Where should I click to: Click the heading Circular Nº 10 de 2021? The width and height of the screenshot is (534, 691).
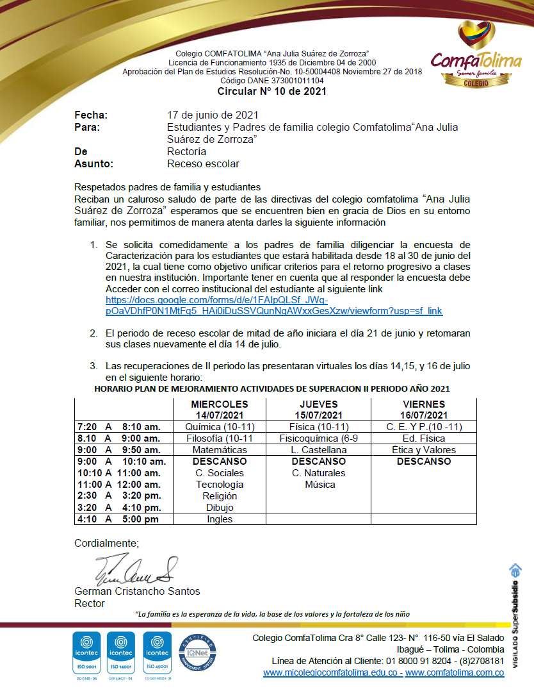click(x=271, y=91)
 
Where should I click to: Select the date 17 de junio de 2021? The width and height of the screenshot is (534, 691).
click(x=213, y=115)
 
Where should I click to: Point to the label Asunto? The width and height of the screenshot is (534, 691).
click(x=93, y=164)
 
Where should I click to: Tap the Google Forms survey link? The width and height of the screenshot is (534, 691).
click(x=274, y=305)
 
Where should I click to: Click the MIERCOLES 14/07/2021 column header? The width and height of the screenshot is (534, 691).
click(x=219, y=410)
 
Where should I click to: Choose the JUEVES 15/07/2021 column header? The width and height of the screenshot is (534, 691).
click(x=318, y=410)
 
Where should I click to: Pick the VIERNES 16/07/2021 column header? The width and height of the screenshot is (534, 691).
click(x=423, y=410)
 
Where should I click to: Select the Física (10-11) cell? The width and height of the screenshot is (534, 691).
click(x=318, y=427)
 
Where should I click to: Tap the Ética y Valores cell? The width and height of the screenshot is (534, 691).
click(x=423, y=450)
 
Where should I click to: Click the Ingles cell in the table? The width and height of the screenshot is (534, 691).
click(x=220, y=519)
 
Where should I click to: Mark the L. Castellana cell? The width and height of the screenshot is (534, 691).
click(x=318, y=450)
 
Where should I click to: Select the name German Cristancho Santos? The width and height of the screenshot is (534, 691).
click(x=137, y=591)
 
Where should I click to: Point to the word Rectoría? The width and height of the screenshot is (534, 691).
click(x=186, y=152)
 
